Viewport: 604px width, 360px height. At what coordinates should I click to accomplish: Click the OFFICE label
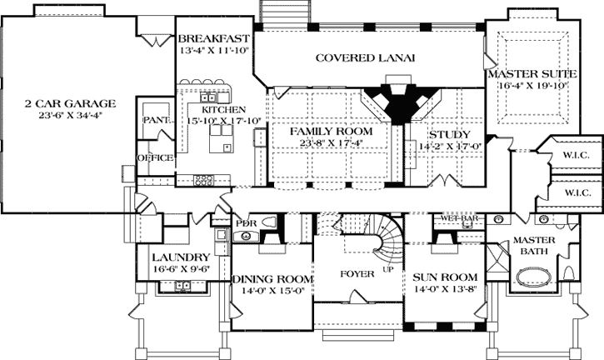click(x=155, y=157)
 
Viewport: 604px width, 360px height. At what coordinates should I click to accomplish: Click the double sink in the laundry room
click(x=182, y=287)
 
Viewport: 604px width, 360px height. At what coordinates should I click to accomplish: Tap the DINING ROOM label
click(x=272, y=279)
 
